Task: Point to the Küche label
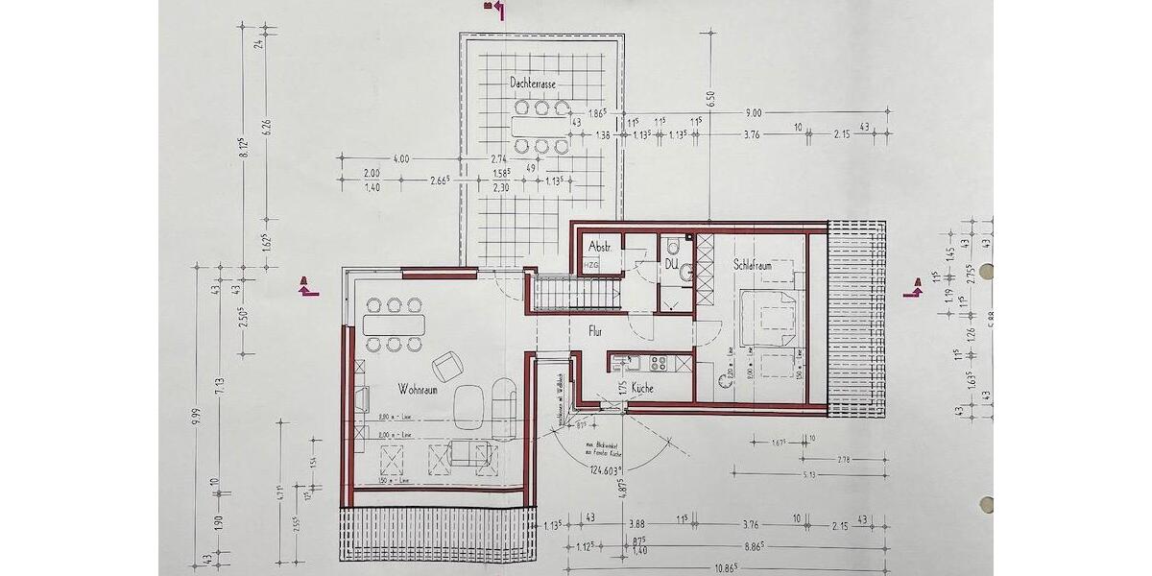pos(643,389)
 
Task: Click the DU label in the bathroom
pos(672,260)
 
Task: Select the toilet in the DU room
pos(685,274)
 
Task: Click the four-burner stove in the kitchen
pos(660,363)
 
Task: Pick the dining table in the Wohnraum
pos(393,324)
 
